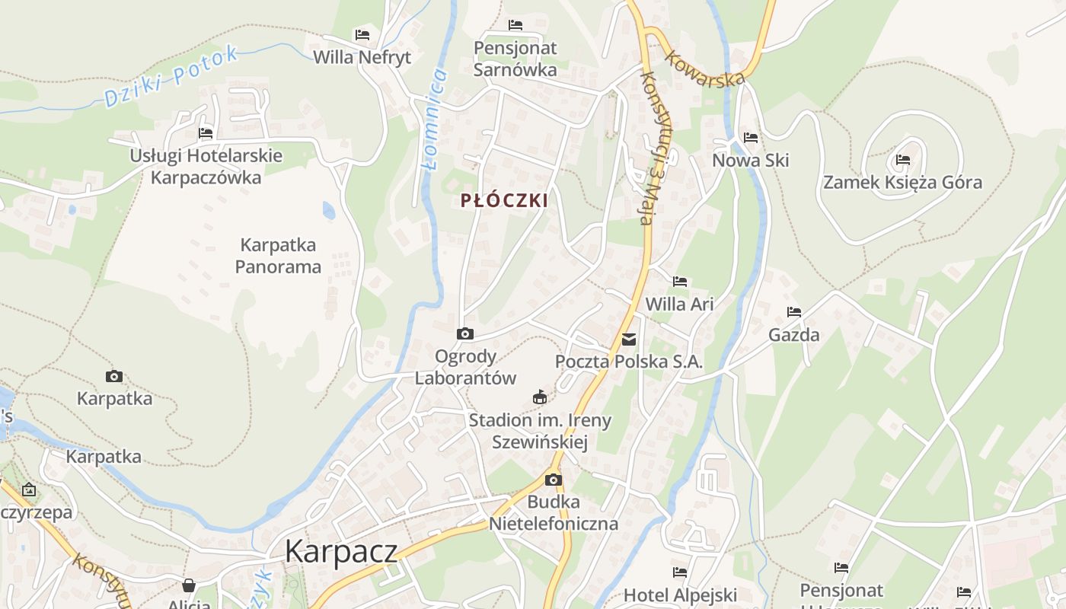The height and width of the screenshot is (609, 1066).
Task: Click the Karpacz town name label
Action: point(341,551)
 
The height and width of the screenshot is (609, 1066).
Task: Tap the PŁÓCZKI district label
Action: point(504,200)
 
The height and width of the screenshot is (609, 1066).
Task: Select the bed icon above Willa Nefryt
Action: point(362,35)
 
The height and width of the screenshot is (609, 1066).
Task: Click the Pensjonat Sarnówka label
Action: point(515,59)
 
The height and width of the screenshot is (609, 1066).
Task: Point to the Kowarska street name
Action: point(704,69)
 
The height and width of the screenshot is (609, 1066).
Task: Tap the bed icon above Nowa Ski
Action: point(751,138)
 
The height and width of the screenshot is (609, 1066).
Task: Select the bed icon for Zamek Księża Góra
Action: point(903,160)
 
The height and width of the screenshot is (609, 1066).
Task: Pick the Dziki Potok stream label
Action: point(171,76)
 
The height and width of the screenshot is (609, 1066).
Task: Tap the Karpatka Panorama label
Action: point(278,256)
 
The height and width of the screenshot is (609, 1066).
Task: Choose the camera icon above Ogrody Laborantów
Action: point(464,333)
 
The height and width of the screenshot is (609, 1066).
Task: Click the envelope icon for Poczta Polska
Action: point(629,340)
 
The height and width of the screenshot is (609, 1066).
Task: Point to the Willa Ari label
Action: point(679,304)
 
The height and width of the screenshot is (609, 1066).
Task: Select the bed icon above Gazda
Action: point(794,312)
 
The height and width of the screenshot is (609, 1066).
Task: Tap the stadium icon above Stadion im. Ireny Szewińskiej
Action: point(540,397)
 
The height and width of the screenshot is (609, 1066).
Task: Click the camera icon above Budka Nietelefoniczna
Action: point(554,480)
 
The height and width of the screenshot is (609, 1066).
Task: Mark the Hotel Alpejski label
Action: point(680,595)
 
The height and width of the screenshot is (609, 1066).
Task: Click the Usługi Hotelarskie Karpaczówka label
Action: point(206,167)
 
